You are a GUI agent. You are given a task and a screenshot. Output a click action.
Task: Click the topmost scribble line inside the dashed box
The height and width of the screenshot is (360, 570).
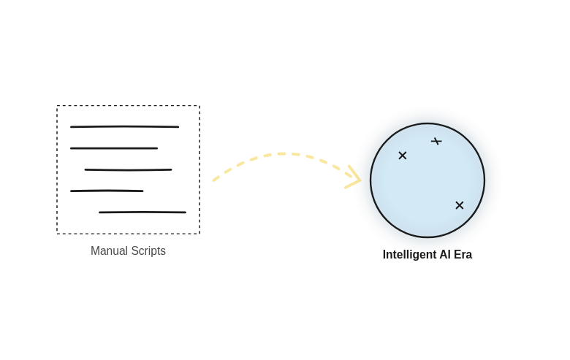124,126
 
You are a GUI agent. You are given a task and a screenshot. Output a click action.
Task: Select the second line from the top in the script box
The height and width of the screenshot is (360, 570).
114,148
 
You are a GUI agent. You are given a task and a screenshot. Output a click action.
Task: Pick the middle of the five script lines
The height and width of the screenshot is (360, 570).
128,170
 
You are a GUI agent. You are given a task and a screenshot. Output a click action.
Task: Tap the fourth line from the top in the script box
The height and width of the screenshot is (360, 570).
107,191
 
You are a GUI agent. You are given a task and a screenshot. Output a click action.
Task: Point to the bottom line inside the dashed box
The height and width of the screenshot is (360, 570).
142,212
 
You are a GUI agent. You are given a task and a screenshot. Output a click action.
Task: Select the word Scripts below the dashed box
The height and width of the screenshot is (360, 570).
149,251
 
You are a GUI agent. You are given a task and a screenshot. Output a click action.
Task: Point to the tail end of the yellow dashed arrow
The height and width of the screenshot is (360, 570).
215,179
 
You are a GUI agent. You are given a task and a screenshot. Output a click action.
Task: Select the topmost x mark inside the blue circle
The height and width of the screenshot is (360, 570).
436,141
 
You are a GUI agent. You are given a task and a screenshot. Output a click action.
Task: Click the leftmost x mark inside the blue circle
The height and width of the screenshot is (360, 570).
403,156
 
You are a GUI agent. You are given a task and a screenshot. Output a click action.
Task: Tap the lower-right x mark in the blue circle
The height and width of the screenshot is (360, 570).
460,205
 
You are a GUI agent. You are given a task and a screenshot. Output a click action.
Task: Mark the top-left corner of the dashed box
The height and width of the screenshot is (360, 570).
57,106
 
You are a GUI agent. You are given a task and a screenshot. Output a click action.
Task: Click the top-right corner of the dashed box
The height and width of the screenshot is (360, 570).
199,106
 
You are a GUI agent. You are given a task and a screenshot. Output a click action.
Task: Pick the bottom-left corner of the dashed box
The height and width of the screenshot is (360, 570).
57,234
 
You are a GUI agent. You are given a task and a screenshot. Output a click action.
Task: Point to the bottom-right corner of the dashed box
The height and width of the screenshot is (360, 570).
199,234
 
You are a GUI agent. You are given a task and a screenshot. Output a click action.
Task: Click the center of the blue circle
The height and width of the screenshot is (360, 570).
427,180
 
